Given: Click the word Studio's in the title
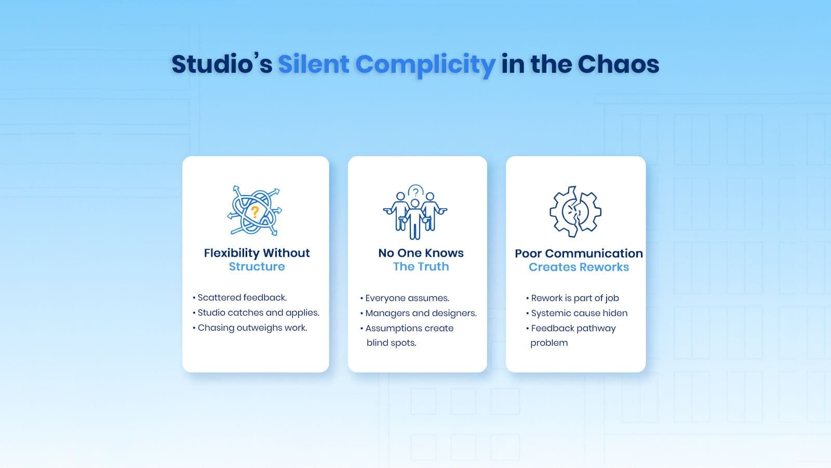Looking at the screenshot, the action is point(222,64).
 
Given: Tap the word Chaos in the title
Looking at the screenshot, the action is point(618,64).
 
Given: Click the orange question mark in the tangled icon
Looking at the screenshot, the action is point(255,213).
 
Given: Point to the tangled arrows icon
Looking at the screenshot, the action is point(254,211).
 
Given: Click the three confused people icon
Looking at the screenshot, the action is point(415,212).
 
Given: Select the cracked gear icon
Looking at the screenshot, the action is point(575,211).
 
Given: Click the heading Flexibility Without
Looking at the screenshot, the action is point(257,253).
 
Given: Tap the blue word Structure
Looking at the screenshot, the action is point(257,267).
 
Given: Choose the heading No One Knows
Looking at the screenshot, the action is point(421,253).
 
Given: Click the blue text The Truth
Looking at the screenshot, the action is point(421,267).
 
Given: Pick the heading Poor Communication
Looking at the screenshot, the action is point(579,253).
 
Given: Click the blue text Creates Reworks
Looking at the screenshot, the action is point(579,267).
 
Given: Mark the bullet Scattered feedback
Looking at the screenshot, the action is point(239,297).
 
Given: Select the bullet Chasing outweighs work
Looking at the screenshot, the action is point(250,328).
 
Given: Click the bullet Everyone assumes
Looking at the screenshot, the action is point(405,298).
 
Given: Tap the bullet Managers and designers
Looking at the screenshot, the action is point(419,314).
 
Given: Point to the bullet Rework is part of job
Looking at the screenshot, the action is point(572,298).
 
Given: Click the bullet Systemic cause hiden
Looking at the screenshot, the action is point(577,314).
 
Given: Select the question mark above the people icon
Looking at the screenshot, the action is point(416,192).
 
